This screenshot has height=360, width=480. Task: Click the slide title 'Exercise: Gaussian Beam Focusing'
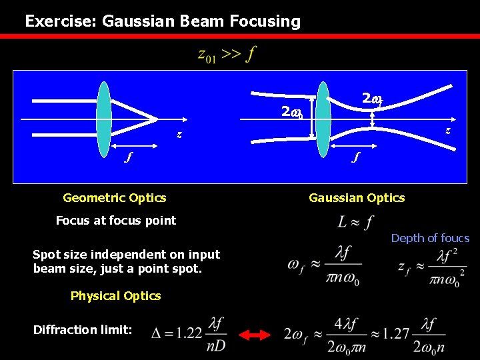coord(163,21)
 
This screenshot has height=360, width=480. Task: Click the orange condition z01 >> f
coord(227,55)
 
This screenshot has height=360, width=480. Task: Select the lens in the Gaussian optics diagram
coord(323,119)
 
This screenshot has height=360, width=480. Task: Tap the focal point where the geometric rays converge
coord(157,119)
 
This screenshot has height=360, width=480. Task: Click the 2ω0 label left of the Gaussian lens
coord(291,112)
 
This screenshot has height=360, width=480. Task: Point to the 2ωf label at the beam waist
coord(371,99)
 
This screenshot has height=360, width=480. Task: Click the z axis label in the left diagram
coord(179,134)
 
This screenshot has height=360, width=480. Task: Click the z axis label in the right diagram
coord(447,130)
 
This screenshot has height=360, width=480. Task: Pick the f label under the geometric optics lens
coord(130,158)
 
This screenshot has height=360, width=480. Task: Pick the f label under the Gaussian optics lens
coord(356,158)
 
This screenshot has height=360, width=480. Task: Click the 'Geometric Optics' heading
coord(114,197)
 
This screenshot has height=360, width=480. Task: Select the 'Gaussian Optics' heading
coord(357,197)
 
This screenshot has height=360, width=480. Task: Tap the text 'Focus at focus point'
coord(116,221)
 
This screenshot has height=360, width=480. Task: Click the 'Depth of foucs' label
coord(430,238)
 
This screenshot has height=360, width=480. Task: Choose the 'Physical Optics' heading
coord(115,296)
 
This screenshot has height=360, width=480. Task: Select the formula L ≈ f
coord(356,221)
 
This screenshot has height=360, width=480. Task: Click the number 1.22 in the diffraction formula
coord(186,333)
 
